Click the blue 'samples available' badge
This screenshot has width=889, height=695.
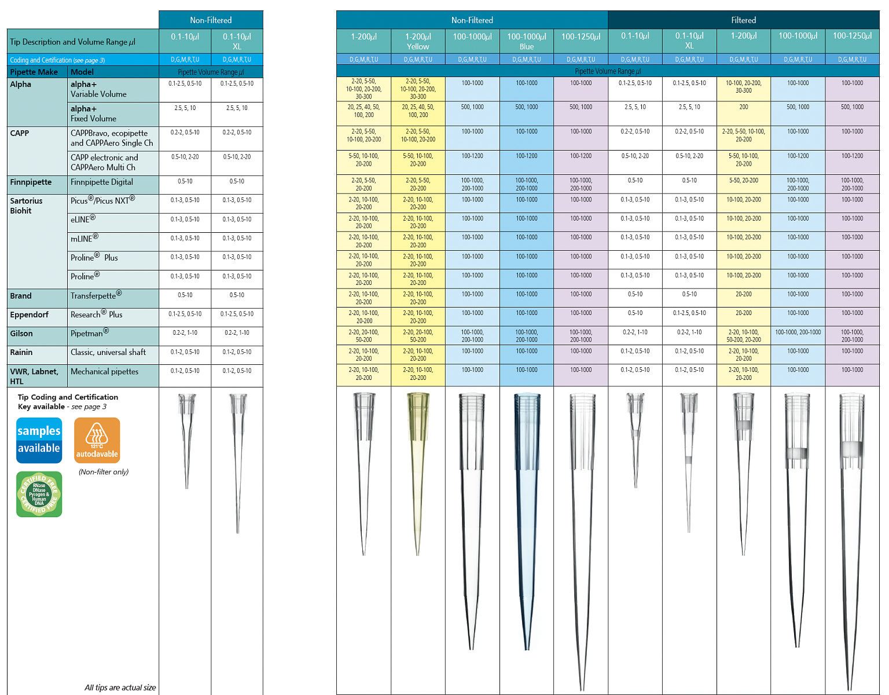click(x=39, y=440)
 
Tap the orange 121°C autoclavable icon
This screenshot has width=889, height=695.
click(x=97, y=440)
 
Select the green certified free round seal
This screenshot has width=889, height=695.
click(x=39, y=494)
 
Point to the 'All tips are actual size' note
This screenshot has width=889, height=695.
click(x=120, y=687)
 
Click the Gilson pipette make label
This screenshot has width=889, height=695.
click(x=21, y=334)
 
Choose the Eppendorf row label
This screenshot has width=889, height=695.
click(x=29, y=314)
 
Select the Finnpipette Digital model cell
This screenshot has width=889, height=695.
click(x=102, y=182)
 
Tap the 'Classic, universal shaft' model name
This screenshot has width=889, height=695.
click(x=108, y=352)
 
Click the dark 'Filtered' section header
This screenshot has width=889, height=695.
click(x=743, y=20)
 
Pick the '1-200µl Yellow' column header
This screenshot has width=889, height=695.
click(x=418, y=41)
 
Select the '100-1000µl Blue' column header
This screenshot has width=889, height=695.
click(x=526, y=41)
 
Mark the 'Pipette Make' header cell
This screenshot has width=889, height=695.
click(x=34, y=72)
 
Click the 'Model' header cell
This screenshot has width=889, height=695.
click(x=82, y=72)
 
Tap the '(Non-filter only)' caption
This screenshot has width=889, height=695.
click(x=104, y=472)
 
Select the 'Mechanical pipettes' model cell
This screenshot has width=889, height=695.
click(x=105, y=371)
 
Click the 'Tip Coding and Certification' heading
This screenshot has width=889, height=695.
click(x=68, y=397)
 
